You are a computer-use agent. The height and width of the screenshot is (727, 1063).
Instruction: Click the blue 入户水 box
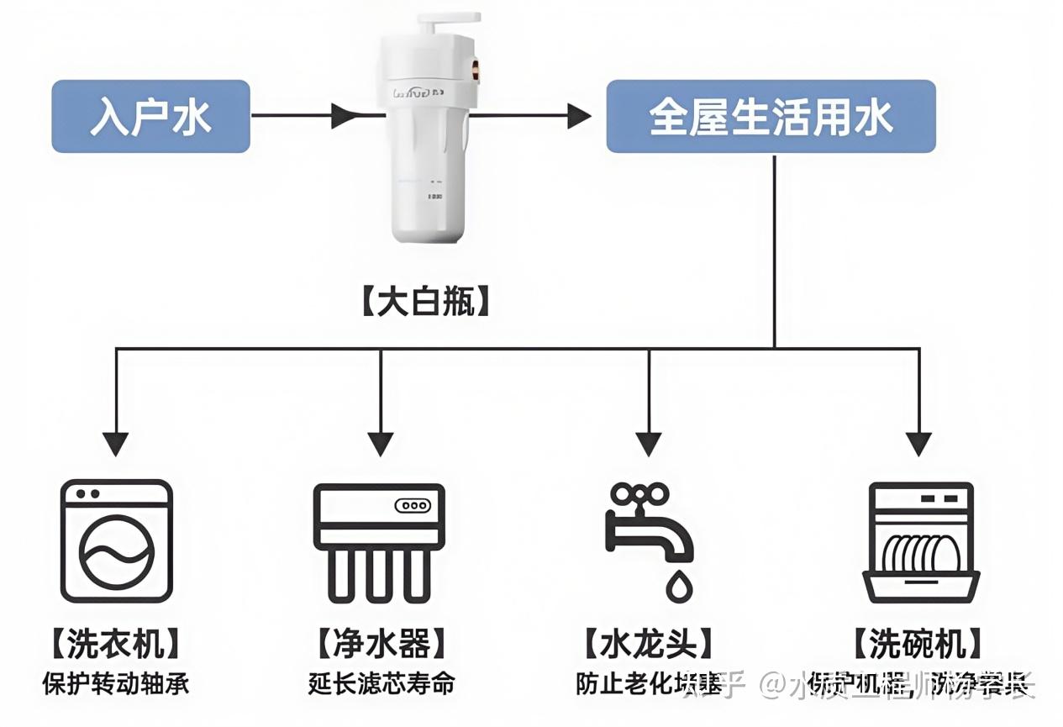coord(150,116)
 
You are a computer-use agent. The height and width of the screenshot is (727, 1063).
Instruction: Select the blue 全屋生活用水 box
coord(771,116)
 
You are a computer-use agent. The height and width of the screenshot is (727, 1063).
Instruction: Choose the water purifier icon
coord(379,541)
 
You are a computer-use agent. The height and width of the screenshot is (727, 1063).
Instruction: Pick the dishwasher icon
coord(921,541)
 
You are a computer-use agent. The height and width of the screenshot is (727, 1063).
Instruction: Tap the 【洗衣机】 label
coord(115,645)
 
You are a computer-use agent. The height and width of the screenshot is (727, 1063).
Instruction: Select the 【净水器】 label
coord(381,645)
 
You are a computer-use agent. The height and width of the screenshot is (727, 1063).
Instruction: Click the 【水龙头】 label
coord(648,645)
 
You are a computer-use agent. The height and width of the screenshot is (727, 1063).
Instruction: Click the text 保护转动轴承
coord(116,682)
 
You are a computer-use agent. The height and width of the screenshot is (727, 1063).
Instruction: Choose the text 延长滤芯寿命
coord(381,682)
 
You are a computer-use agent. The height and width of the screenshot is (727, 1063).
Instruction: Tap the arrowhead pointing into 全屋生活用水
coord(579,116)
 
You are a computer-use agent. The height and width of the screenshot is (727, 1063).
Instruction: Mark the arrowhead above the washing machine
coord(116,443)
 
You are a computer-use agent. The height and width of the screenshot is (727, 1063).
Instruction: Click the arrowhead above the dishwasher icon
coord(919,443)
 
